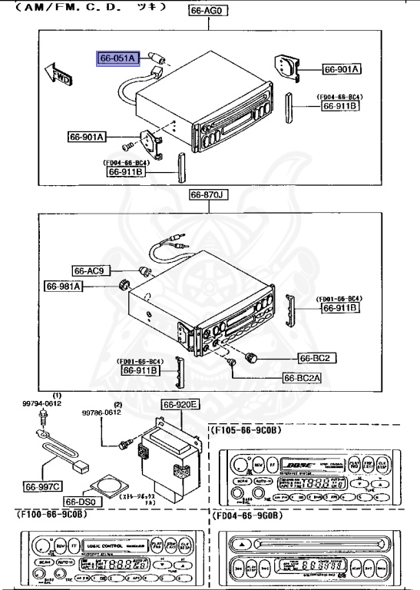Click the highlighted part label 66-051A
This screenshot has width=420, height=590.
click(x=117, y=58)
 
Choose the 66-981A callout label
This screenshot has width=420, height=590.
click(x=64, y=286)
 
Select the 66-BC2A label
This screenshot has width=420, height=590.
click(x=304, y=377)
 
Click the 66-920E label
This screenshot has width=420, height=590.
click(x=180, y=405)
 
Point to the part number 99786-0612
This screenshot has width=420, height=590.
click(x=102, y=413)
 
